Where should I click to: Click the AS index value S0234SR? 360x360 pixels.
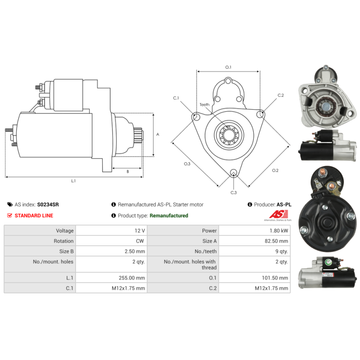click(48, 204)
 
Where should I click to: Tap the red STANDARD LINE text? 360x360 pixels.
click(34, 216)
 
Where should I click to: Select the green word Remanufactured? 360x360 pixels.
click(169, 216)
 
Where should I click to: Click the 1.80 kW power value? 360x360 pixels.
click(279, 231)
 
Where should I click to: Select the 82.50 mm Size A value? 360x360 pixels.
click(276, 241)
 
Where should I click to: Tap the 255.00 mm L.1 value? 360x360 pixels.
click(132, 278)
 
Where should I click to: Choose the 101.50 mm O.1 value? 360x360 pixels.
click(275, 278)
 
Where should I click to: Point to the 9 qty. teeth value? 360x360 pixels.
click(282, 252)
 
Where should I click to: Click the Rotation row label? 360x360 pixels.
click(63, 241)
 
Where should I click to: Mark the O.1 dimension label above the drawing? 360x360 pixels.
click(228, 67)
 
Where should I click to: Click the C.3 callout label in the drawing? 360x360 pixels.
click(234, 193)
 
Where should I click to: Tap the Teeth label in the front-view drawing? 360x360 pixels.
click(204, 105)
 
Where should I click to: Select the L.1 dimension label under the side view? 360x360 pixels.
click(73, 181)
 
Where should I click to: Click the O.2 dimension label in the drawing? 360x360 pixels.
click(275, 171)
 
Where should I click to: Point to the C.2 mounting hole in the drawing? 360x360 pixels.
click(260, 114)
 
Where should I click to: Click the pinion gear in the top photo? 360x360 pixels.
click(326, 106)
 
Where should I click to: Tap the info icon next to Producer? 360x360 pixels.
click(250, 204)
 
